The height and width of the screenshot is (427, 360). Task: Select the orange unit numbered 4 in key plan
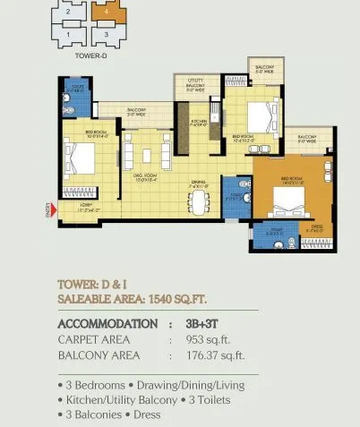107,13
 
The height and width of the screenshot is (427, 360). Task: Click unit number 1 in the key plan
68,34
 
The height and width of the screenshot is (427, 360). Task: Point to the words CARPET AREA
93,339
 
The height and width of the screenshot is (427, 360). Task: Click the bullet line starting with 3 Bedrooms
167,384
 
